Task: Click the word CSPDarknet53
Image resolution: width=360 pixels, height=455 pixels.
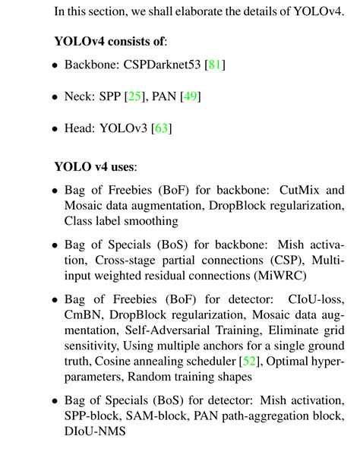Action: coord(156,65)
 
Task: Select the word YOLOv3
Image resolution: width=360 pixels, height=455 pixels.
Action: coord(125,129)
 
